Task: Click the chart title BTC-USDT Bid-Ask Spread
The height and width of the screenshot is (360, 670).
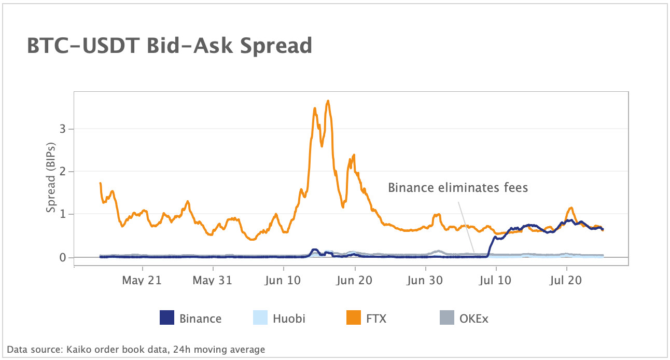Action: point(169,46)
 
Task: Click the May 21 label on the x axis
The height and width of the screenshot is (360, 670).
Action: point(142,281)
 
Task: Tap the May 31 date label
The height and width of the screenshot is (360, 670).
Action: point(213,281)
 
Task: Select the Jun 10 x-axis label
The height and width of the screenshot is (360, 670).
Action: point(284,281)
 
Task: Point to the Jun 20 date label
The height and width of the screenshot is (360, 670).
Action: point(355,281)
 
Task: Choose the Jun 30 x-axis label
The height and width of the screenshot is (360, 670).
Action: point(425,281)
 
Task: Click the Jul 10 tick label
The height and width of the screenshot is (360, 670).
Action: point(496,281)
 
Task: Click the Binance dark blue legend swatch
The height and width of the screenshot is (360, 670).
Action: point(166,317)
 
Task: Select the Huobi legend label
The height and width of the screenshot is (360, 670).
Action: point(289,318)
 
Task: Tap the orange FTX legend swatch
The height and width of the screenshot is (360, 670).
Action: point(353,317)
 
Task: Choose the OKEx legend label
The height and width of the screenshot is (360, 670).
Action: point(473,318)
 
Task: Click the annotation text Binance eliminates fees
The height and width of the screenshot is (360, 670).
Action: point(458,187)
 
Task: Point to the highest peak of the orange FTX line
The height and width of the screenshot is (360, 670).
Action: point(328,101)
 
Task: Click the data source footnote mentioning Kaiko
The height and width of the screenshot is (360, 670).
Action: point(136,350)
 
